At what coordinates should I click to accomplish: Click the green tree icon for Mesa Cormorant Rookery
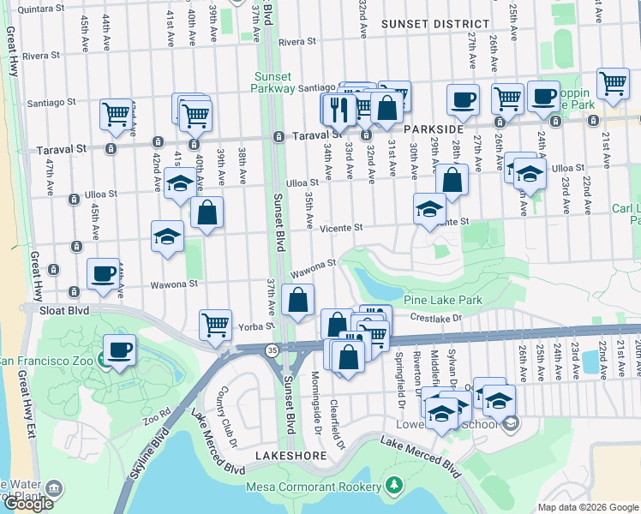393,487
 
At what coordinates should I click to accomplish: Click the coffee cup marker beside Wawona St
104,274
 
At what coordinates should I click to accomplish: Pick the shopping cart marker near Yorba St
215,325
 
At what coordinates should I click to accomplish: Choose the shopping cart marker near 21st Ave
614,85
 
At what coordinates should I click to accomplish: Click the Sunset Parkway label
274,81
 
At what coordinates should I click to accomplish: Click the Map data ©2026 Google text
587,507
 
